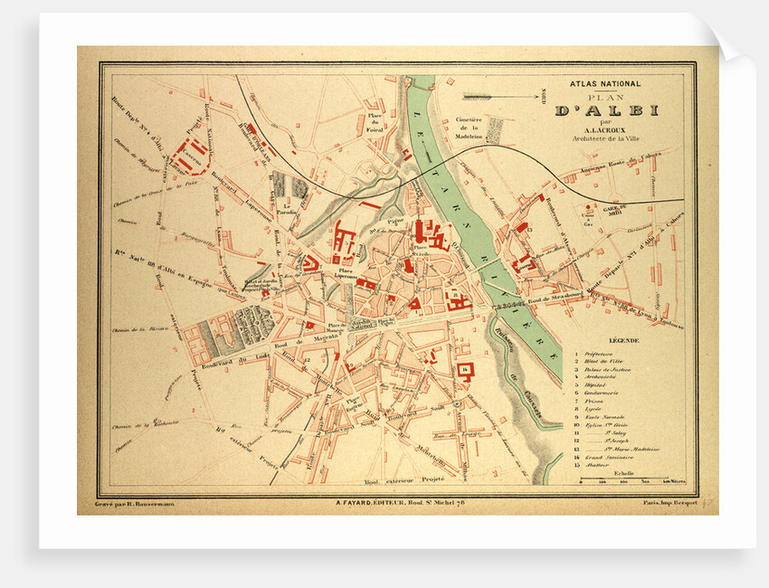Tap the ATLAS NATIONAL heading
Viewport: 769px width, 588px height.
point(604,84)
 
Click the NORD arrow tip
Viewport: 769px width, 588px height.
point(463,94)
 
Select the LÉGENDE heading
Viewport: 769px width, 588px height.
point(622,340)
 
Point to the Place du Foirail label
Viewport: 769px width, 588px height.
point(375,124)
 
